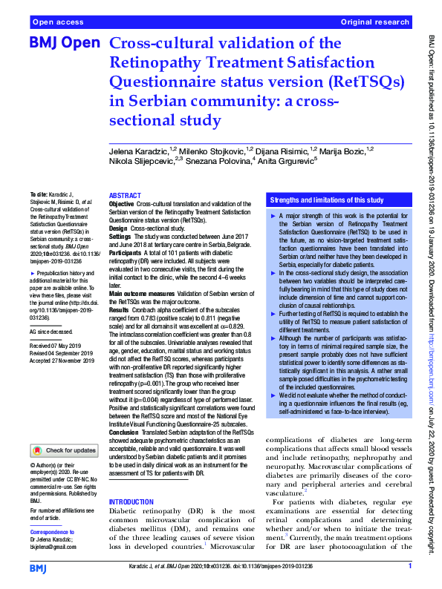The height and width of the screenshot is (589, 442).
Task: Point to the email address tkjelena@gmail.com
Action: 53,547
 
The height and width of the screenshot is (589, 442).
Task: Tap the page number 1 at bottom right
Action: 410,567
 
